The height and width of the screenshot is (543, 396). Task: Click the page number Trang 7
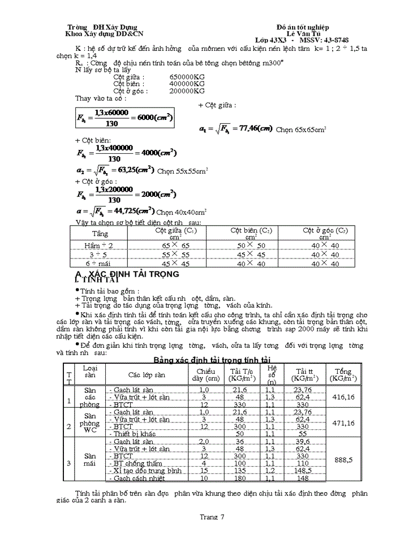click(x=212, y=516)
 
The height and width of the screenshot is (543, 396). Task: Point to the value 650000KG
click(x=187, y=77)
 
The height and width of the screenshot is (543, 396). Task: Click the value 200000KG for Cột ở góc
click(x=187, y=90)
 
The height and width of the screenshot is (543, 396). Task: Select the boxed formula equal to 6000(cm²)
click(x=124, y=118)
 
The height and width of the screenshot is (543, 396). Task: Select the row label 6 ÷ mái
click(x=100, y=264)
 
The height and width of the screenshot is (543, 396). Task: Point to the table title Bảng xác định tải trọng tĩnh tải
click(x=213, y=360)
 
